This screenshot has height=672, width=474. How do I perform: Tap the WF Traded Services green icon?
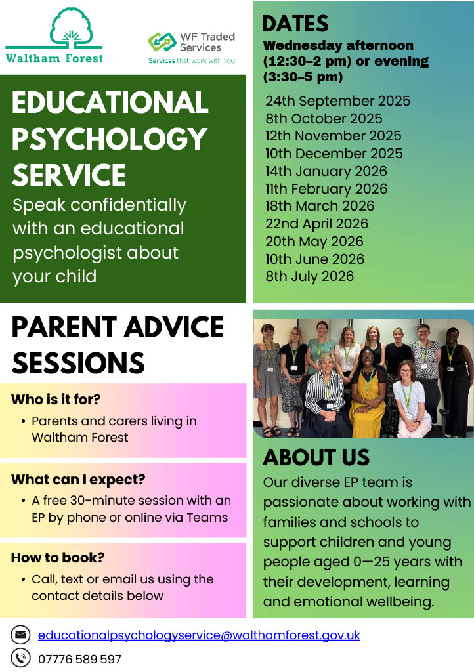(x=162, y=42)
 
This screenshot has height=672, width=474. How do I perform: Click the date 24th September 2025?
(x=337, y=101)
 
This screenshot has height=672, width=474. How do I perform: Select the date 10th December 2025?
(x=334, y=154)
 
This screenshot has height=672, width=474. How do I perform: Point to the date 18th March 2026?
(x=320, y=206)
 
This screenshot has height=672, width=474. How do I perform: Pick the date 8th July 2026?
(x=309, y=276)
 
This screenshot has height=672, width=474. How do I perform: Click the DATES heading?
(x=295, y=24)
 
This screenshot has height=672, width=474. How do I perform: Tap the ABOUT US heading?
(x=316, y=457)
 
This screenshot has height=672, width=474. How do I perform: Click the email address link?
(x=199, y=635)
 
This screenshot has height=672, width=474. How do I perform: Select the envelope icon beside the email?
(x=21, y=635)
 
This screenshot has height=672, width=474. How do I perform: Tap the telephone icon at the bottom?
(x=21, y=658)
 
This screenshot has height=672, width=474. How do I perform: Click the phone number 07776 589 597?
(x=79, y=659)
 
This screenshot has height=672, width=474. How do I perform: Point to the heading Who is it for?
(x=56, y=400)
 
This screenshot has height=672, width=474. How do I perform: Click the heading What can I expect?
(x=78, y=480)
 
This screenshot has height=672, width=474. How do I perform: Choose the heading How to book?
(x=58, y=558)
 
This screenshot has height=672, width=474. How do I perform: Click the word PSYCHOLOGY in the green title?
(x=109, y=138)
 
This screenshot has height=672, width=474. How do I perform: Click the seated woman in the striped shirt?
(x=325, y=394)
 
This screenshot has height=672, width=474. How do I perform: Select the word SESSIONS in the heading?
(x=78, y=362)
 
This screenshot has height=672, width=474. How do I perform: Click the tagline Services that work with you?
(x=191, y=61)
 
